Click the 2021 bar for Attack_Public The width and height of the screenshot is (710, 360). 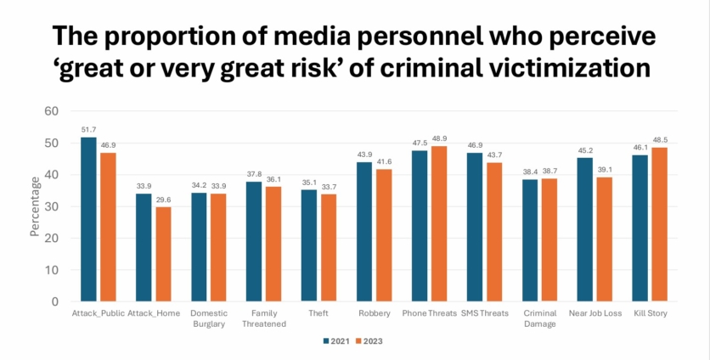coord(89,219)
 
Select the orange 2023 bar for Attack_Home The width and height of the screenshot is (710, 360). coord(163,254)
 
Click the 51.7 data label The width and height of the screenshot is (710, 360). coord(89,130)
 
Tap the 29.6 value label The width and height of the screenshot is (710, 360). coord(163,200)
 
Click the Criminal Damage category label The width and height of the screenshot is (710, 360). coord(540,318)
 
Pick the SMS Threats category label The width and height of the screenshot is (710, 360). coord(485,313)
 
